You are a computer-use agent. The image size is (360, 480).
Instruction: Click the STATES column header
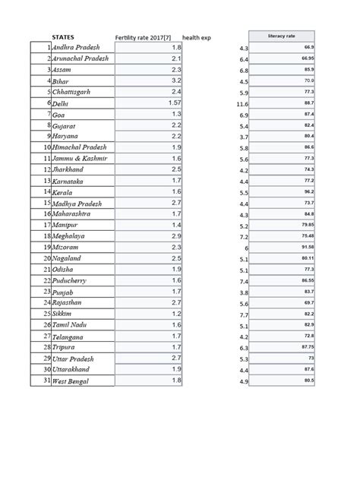62,36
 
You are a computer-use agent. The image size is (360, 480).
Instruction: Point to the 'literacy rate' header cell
281,36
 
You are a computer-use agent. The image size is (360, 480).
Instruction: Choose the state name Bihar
62,81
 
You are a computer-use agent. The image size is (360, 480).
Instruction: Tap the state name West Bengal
71,381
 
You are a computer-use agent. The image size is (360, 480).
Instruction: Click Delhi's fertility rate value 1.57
175,102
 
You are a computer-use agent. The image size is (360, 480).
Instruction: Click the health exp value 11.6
242,103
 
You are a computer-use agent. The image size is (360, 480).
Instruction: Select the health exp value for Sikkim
244,314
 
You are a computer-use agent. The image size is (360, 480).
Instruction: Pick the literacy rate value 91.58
307,248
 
